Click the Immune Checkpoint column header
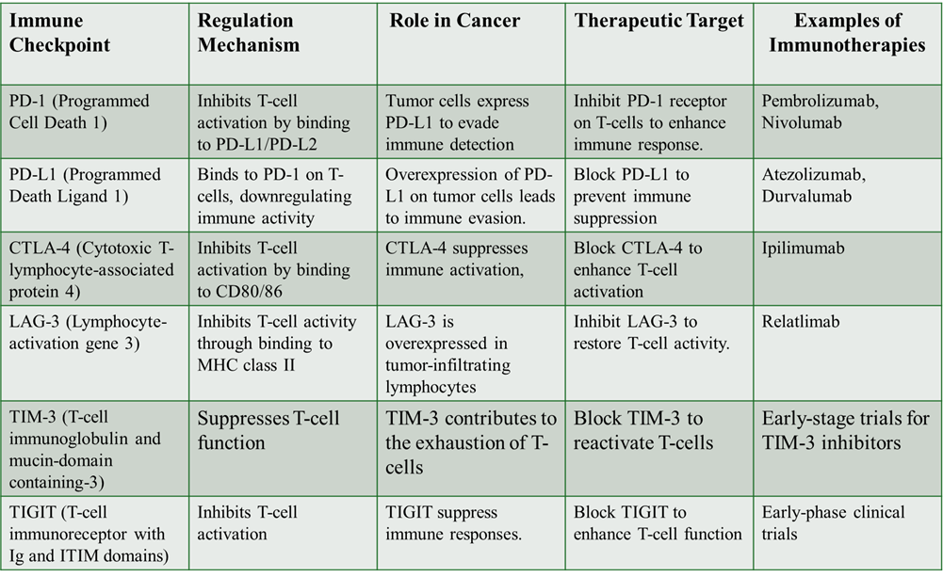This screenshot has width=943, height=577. click(x=56, y=33)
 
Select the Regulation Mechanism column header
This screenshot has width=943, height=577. click(x=249, y=33)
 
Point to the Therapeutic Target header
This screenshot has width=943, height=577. click(x=658, y=21)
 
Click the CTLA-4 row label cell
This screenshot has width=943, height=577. click(x=91, y=270)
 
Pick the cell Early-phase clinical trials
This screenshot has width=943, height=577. click(x=833, y=523)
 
